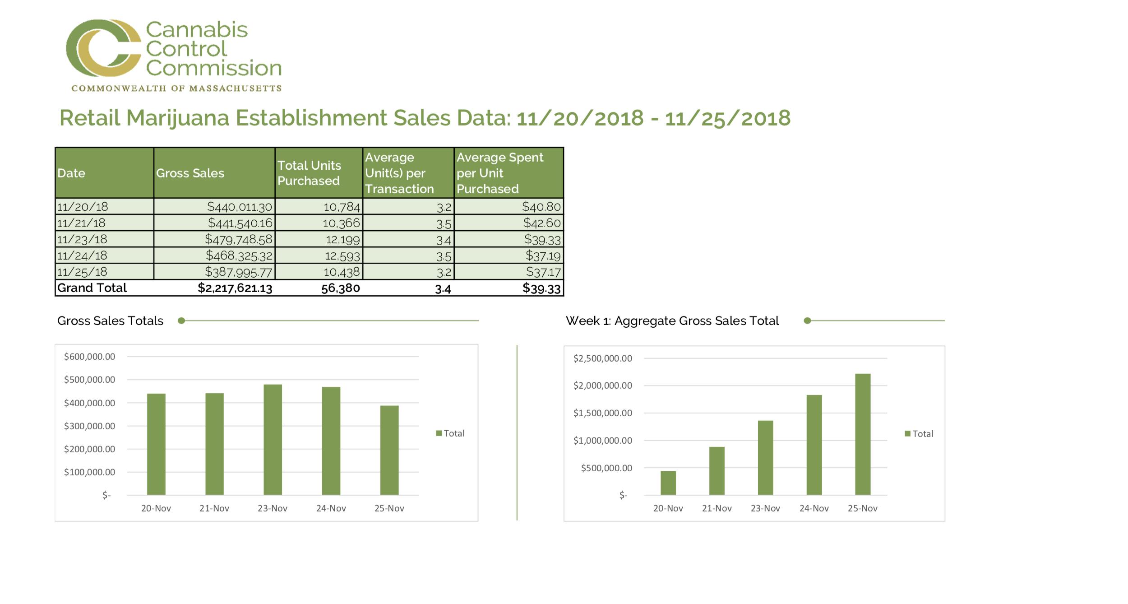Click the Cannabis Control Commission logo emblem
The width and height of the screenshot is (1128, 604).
tap(104, 48)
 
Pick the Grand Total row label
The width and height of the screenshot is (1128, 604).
tap(92, 288)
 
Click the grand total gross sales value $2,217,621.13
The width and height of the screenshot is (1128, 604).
tap(235, 288)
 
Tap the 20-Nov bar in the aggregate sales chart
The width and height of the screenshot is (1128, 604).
tap(668, 483)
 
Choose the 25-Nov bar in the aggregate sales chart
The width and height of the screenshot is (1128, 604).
tap(863, 434)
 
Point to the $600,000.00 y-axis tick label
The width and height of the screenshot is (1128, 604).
tap(89, 357)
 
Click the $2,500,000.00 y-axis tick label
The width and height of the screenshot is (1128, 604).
tap(603, 358)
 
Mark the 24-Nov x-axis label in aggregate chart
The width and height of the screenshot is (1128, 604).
tap(814, 508)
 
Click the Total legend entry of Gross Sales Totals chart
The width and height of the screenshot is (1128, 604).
tap(450, 433)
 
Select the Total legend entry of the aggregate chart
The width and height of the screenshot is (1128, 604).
tap(919, 434)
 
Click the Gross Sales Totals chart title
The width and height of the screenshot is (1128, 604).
tap(110, 321)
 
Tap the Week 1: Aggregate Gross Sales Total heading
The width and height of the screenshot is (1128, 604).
tap(672, 321)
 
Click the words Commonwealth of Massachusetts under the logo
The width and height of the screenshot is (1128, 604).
tap(176, 88)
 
